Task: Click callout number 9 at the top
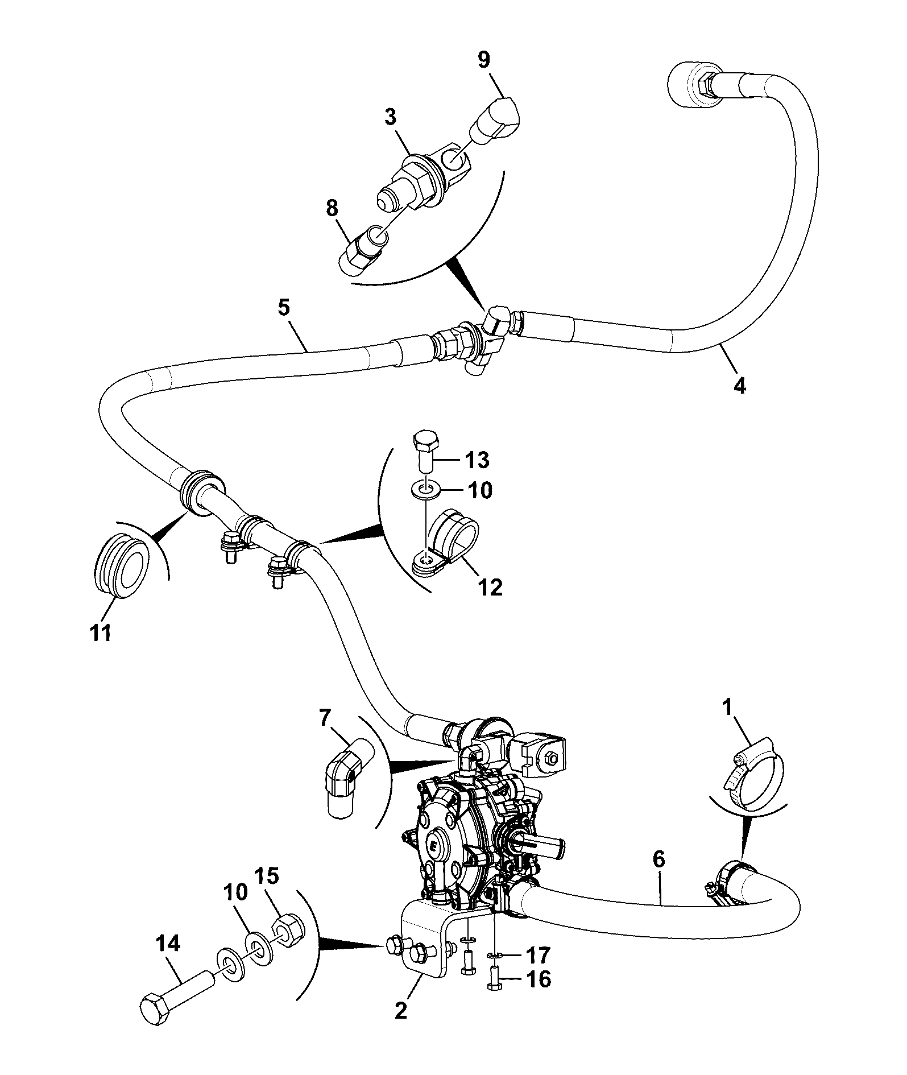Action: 483,60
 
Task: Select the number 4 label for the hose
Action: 739,386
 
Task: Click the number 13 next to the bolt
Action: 477,460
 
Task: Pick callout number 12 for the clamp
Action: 490,588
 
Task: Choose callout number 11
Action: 101,633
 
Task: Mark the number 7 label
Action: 325,718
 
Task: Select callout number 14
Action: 168,944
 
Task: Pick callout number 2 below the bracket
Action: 401,1011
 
